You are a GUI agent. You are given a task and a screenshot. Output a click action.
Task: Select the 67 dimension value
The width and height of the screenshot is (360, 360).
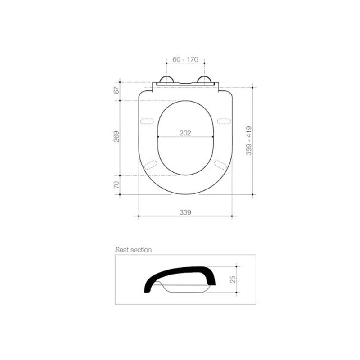click(x=117, y=90)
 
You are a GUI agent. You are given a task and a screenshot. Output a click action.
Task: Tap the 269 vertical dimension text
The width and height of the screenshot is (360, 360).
click(x=117, y=137)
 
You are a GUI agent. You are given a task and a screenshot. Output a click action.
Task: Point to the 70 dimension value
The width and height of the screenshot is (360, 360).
click(x=117, y=185)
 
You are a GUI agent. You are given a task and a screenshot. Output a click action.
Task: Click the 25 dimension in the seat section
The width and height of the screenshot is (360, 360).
click(x=233, y=279)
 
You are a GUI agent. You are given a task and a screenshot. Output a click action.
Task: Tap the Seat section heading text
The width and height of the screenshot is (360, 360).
click(x=133, y=249)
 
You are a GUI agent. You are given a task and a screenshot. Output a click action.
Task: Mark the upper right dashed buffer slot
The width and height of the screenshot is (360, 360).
click(x=223, y=121)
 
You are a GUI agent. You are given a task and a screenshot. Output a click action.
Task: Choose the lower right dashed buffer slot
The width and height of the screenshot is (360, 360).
click(x=220, y=164)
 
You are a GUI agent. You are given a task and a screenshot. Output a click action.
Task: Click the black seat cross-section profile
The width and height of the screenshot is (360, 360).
click(x=180, y=272)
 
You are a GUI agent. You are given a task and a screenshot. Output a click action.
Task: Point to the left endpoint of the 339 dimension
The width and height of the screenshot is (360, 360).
click(x=139, y=216)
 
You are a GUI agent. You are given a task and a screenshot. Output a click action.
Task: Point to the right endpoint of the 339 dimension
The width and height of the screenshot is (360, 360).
click(x=232, y=216)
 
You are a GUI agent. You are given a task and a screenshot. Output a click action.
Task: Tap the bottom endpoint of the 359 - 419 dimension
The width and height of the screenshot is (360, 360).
click(x=253, y=195)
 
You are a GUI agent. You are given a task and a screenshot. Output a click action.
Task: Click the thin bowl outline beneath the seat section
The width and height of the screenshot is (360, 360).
click(x=187, y=289)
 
